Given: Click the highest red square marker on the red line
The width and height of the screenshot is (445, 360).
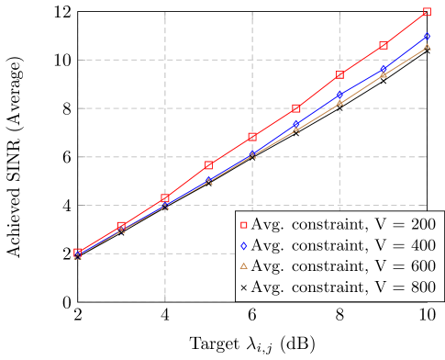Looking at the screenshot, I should coord(428,12).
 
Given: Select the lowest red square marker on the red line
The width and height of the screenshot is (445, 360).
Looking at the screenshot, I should coord(78,253).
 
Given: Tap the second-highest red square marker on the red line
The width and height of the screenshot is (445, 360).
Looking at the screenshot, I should coord(384,45).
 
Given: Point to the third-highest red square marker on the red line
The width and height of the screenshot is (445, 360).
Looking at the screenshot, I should coord(339,75).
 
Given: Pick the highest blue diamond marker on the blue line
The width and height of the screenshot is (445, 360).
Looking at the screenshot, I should coord(428,36).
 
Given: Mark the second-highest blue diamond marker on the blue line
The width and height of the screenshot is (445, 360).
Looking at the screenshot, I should coord(384,68).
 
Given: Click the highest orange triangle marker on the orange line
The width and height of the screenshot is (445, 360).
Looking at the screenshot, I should coord(428,46).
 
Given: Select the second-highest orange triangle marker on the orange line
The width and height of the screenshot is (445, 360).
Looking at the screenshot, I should coord(384,73).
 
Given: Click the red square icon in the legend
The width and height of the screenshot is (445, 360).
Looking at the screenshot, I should coord(244,224).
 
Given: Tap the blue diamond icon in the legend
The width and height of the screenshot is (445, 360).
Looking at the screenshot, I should coord(244,245).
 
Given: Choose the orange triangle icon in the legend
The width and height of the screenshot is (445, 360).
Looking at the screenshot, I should coord(244,266).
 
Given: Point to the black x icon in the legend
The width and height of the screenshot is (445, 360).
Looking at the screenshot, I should coord(244,287).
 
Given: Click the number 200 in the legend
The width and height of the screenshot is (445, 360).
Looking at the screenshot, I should coord(423,224).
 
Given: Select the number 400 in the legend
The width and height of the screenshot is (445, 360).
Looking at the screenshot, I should coord(423,245).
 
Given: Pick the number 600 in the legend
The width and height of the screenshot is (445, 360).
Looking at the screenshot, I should coord(423,266).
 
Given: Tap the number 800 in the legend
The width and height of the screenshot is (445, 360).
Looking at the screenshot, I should coord(423,287).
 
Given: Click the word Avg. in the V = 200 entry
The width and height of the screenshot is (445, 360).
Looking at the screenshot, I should coord(266,224).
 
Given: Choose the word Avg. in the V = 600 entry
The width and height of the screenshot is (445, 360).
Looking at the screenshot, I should coord(266,266).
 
